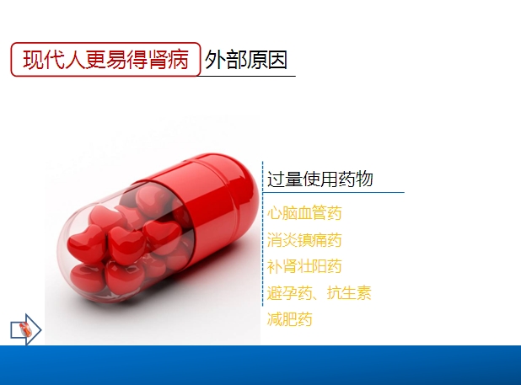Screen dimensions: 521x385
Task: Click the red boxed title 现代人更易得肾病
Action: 105,60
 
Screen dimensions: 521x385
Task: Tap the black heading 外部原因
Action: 246,60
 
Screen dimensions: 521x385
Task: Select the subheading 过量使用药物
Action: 320,179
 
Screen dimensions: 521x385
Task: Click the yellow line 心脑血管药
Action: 304,213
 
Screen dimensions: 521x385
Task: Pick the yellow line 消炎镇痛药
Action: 304,240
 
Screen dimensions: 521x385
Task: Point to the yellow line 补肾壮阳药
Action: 304,266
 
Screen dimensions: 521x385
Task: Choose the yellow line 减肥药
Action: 290,319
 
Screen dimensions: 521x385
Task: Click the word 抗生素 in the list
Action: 349,293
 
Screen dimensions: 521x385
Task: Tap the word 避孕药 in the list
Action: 289,293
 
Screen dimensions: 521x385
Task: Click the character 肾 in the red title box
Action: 158,60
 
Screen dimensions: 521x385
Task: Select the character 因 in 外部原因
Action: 277,60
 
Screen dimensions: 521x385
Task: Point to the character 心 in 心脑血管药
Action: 275,213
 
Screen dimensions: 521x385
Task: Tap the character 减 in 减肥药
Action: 275,319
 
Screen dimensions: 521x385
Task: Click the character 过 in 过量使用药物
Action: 276,179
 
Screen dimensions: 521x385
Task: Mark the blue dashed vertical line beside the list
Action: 262,233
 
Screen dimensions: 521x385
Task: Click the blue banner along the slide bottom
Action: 260,365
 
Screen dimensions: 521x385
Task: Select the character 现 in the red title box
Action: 33,60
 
